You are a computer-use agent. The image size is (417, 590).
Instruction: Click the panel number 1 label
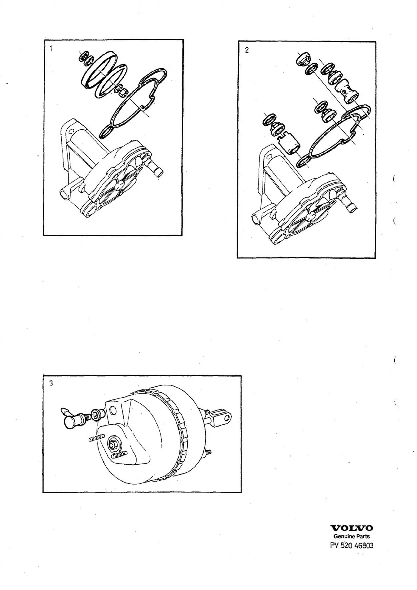tap(52, 48)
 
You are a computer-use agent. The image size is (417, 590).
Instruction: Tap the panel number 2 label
tap(247, 50)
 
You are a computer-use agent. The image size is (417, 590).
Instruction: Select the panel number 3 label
tap(51, 383)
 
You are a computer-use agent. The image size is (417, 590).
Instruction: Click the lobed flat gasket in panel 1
tap(133, 104)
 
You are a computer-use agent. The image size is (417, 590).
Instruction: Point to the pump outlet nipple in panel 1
tap(155, 168)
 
